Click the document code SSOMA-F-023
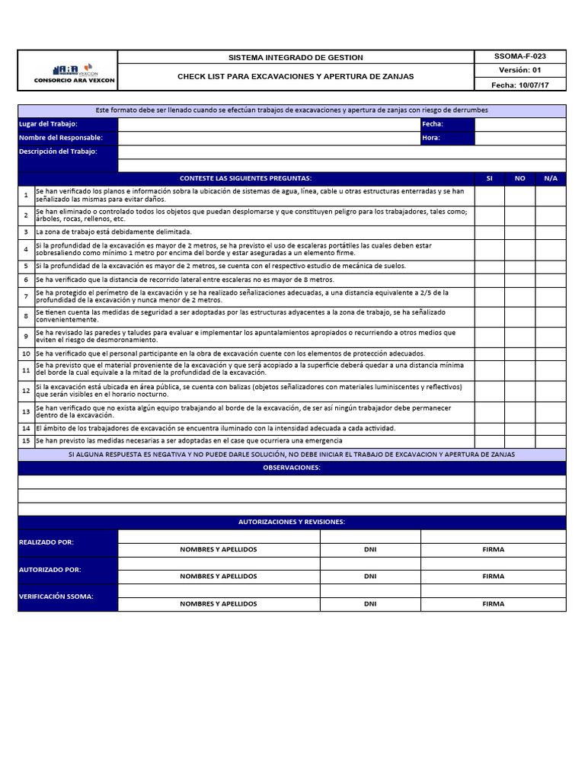point(519,56)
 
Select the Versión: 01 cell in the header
point(519,70)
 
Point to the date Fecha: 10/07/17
point(519,85)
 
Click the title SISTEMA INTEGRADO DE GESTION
point(296,58)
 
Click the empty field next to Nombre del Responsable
point(268,138)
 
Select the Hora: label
point(432,138)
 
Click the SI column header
point(489,177)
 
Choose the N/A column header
point(550,177)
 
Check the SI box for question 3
point(489,232)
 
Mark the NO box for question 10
point(519,353)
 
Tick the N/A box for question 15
point(550,440)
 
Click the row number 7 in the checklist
point(26,296)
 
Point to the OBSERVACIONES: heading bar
point(292,468)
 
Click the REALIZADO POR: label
point(46,542)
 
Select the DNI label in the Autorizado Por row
point(370,577)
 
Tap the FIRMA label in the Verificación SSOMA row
point(493,604)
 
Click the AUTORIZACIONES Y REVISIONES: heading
point(292,522)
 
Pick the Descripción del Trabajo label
point(58,151)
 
